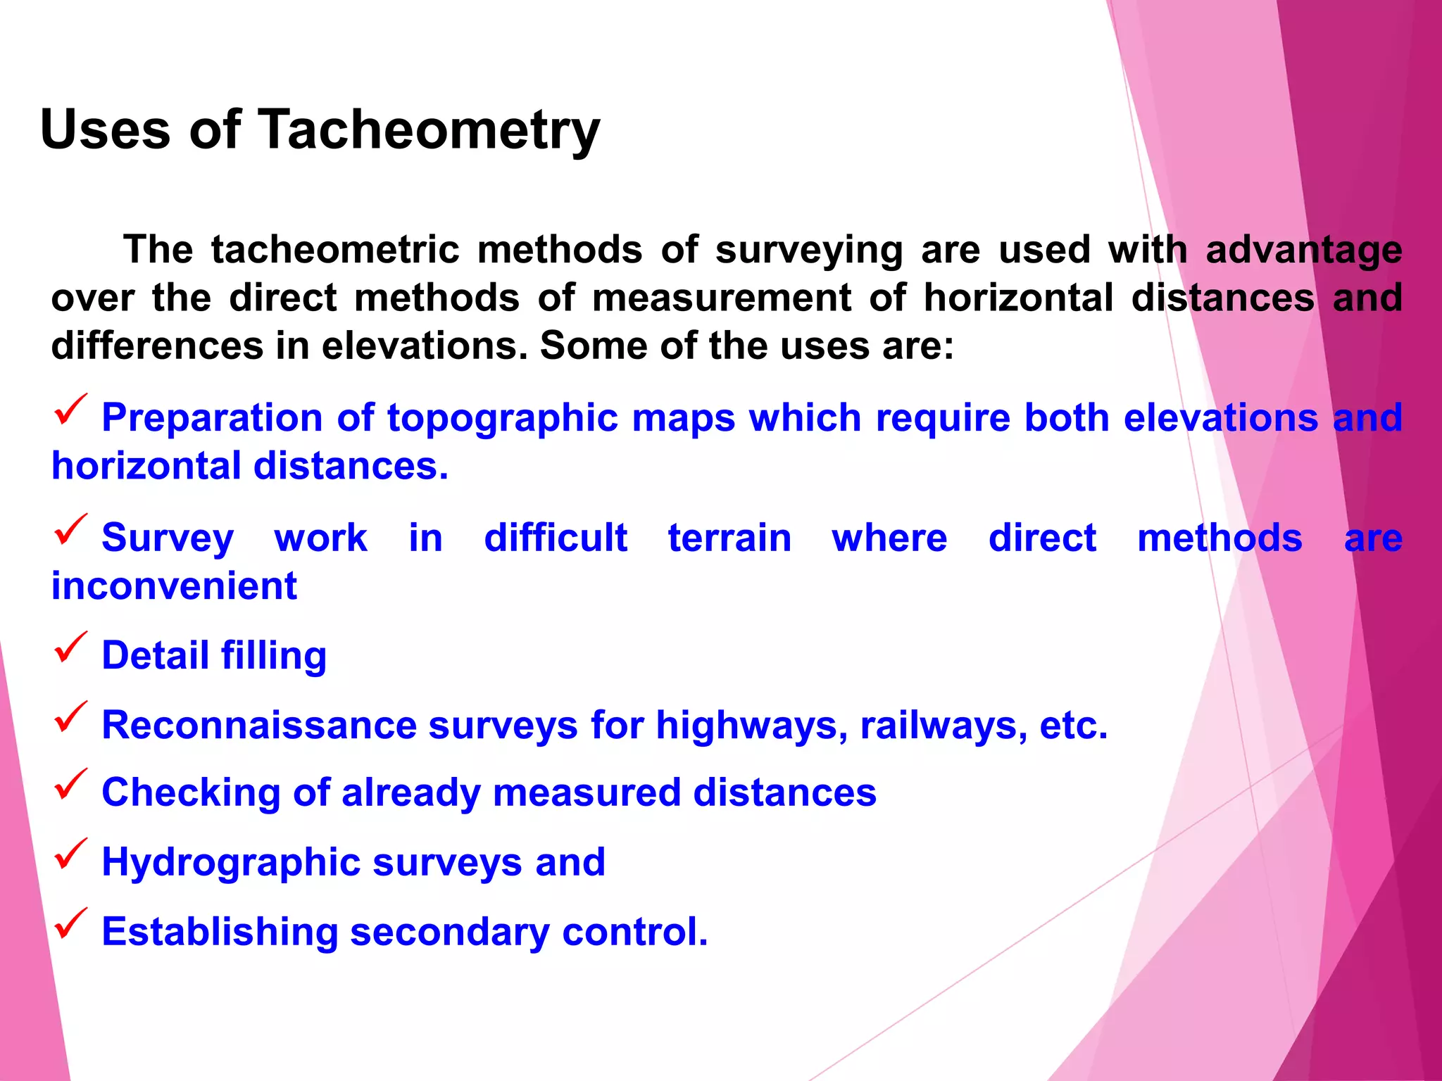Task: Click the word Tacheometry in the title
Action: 430,130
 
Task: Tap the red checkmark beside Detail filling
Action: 70,647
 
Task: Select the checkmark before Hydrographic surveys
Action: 70,854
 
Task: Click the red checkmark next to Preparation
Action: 70,410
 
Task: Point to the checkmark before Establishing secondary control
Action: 70,923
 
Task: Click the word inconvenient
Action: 174,586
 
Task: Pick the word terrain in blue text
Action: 729,538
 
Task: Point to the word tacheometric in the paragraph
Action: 334,250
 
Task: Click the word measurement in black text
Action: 722,298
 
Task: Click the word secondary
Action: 451,933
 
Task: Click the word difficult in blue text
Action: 556,538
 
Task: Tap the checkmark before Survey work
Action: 70,530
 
